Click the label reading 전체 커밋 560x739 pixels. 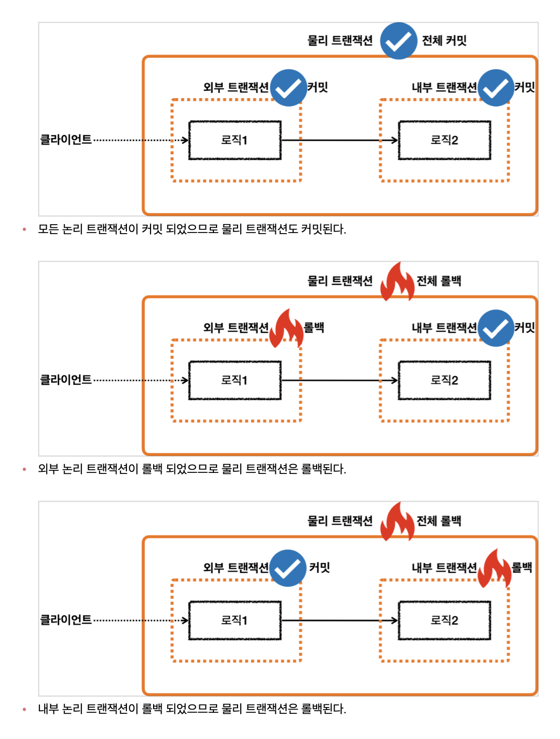tap(444, 40)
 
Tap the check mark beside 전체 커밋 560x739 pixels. tap(399, 41)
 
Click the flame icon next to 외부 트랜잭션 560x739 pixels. tap(286, 328)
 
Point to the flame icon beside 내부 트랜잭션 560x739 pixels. tap(494, 568)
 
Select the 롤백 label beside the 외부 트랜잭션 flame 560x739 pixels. tap(314, 328)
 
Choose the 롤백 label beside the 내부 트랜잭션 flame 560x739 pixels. tap(522, 567)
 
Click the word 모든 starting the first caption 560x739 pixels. tap(48, 229)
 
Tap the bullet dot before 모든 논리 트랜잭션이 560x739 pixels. tap(24, 229)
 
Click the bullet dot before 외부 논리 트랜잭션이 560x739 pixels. tap(24, 469)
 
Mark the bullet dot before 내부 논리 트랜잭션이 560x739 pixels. tap(24, 709)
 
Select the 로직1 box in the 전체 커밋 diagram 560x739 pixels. tap(234, 140)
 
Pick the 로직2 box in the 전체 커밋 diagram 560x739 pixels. tap(444, 140)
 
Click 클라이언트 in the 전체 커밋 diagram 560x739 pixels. tap(66, 140)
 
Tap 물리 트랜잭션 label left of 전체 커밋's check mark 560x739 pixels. tap(340, 40)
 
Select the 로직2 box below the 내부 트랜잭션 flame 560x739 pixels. tap(444, 620)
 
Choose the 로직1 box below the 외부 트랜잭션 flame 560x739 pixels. tap(234, 380)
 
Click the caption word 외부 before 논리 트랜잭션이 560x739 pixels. tap(48, 469)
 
